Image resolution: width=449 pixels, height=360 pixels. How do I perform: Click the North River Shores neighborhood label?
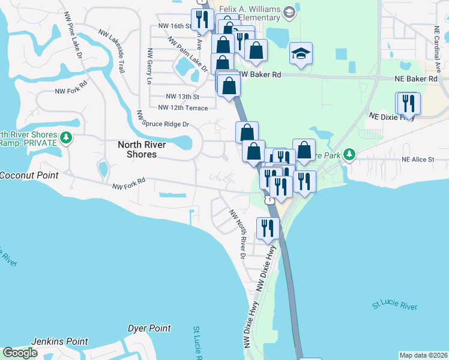[x=137, y=149]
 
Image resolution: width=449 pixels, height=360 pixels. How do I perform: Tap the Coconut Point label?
[x=29, y=175]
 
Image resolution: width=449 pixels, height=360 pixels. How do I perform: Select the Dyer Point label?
[x=149, y=328]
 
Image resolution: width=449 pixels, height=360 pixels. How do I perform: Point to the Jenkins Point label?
[x=60, y=341]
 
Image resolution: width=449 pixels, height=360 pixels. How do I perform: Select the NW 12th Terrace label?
[x=182, y=108]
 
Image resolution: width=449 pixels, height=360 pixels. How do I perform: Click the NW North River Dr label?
[x=238, y=233]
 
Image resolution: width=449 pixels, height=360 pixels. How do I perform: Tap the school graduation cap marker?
[x=301, y=54]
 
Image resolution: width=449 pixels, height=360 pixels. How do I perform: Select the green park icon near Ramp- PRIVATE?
[x=66, y=139]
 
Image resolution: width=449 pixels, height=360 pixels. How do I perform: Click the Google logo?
[x=20, y=353]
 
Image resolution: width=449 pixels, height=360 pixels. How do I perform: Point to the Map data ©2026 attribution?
[x=423, y=355]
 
